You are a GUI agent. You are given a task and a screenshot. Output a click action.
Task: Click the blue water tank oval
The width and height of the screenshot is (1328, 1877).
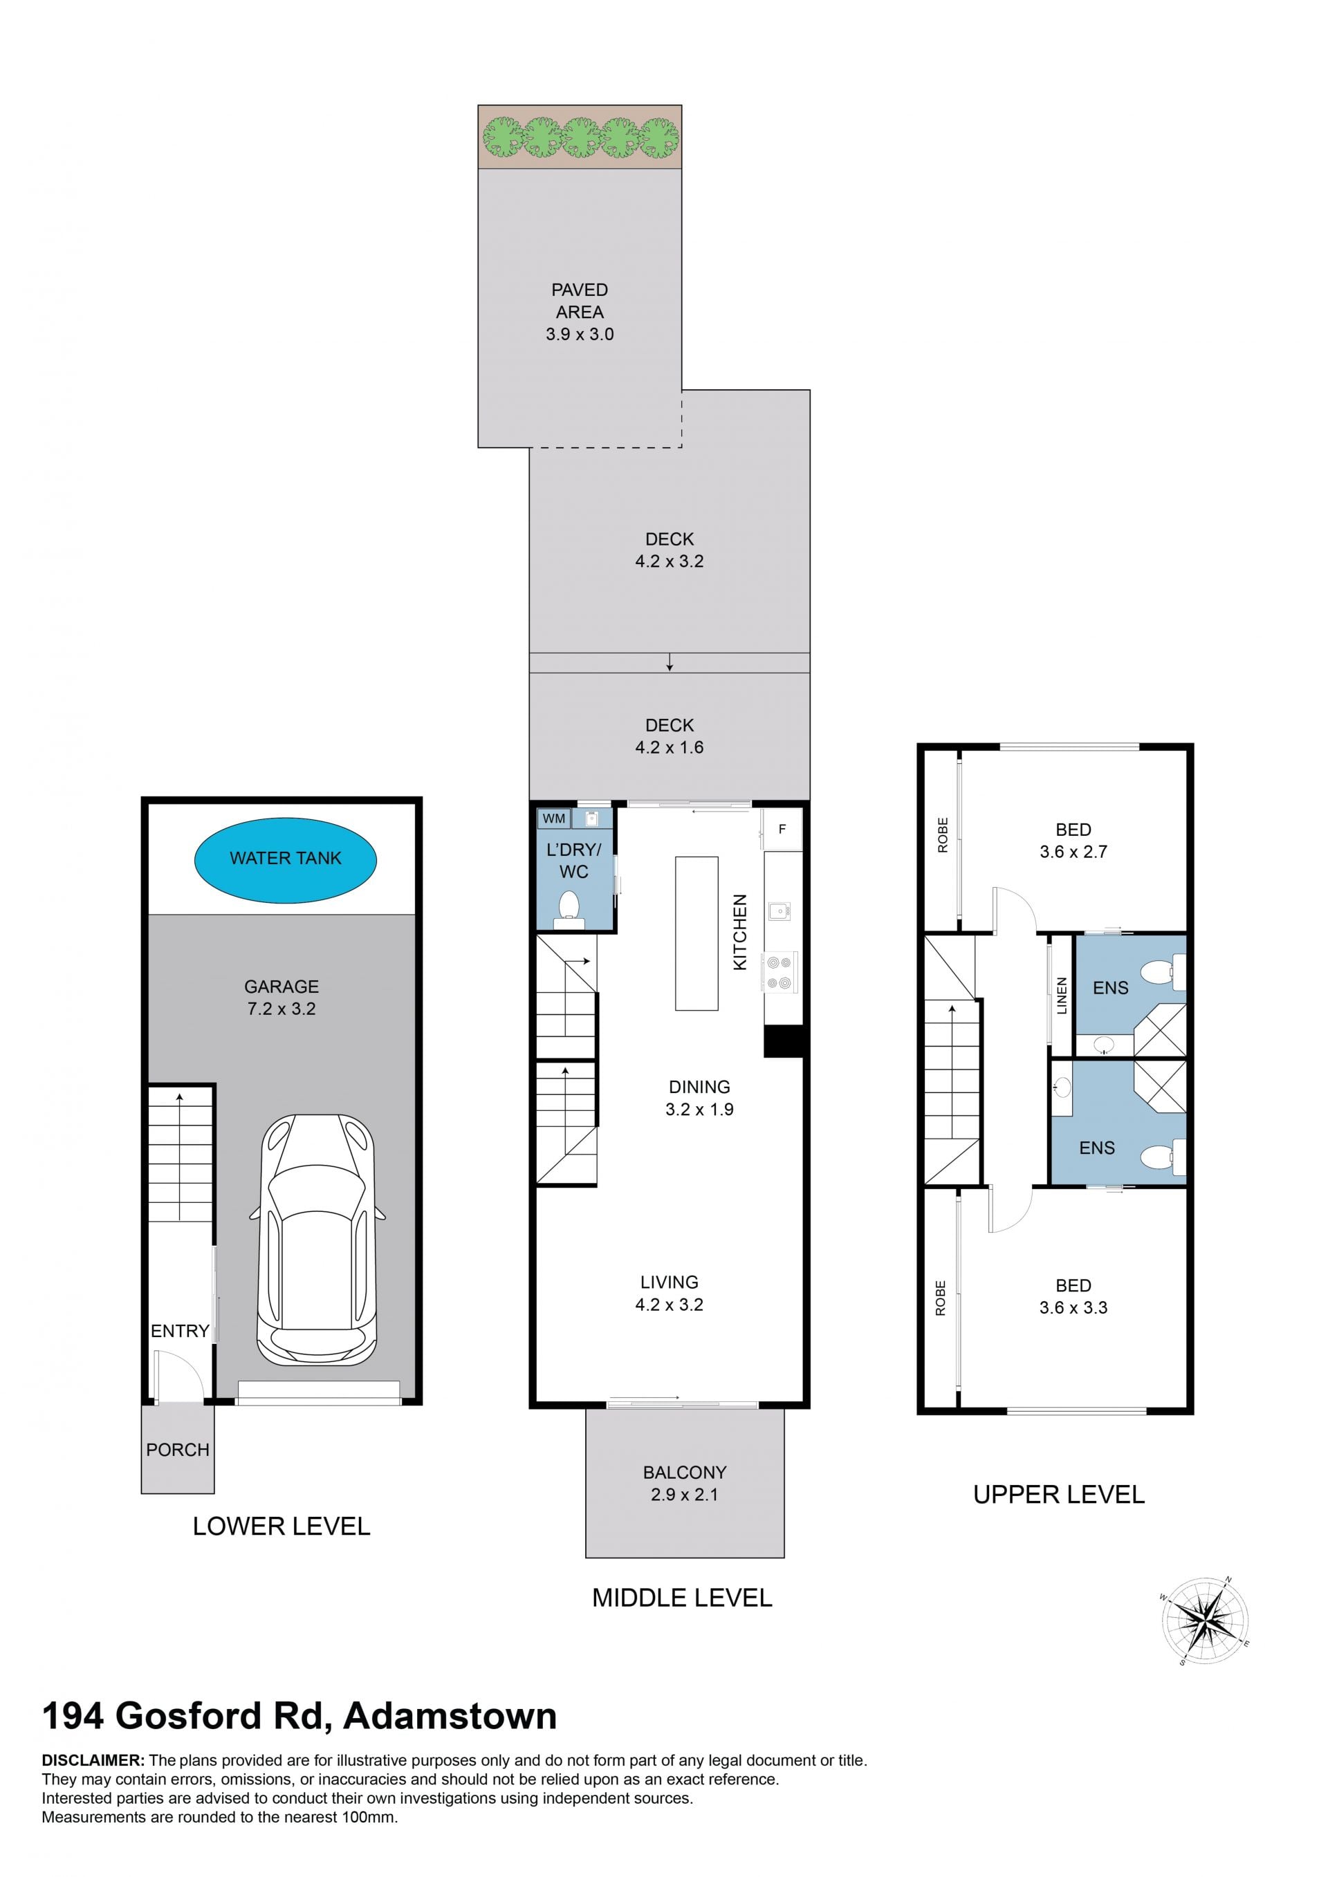point(286,860)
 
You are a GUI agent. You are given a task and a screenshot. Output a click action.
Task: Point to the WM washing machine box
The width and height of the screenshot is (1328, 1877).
point(553,819)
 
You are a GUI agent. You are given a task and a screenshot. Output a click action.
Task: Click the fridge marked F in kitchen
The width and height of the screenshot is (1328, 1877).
point(782,829)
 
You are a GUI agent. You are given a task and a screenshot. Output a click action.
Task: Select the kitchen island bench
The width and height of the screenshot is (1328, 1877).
point(697,933)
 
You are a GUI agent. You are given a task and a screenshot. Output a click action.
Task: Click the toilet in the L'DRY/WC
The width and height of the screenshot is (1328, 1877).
point(569,910)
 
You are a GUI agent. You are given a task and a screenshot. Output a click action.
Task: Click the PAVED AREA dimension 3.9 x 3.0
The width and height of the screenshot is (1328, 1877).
point(580,335)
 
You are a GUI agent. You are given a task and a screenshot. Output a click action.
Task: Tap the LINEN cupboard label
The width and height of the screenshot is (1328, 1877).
point(1062,996)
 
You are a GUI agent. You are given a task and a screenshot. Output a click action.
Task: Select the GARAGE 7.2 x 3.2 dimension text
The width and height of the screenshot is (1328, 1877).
point(282,1009)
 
